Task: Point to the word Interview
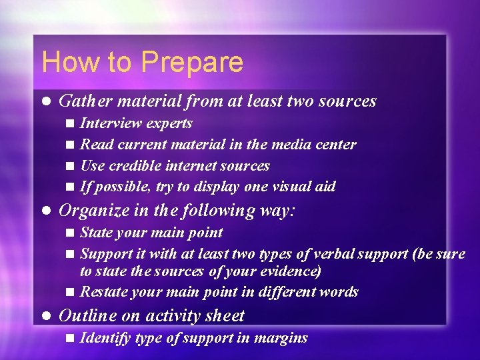(x=111, y=123)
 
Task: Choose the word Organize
(x=90, y=211)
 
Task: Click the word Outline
(x=84, y=316)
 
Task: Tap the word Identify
(x=105, y=338)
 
